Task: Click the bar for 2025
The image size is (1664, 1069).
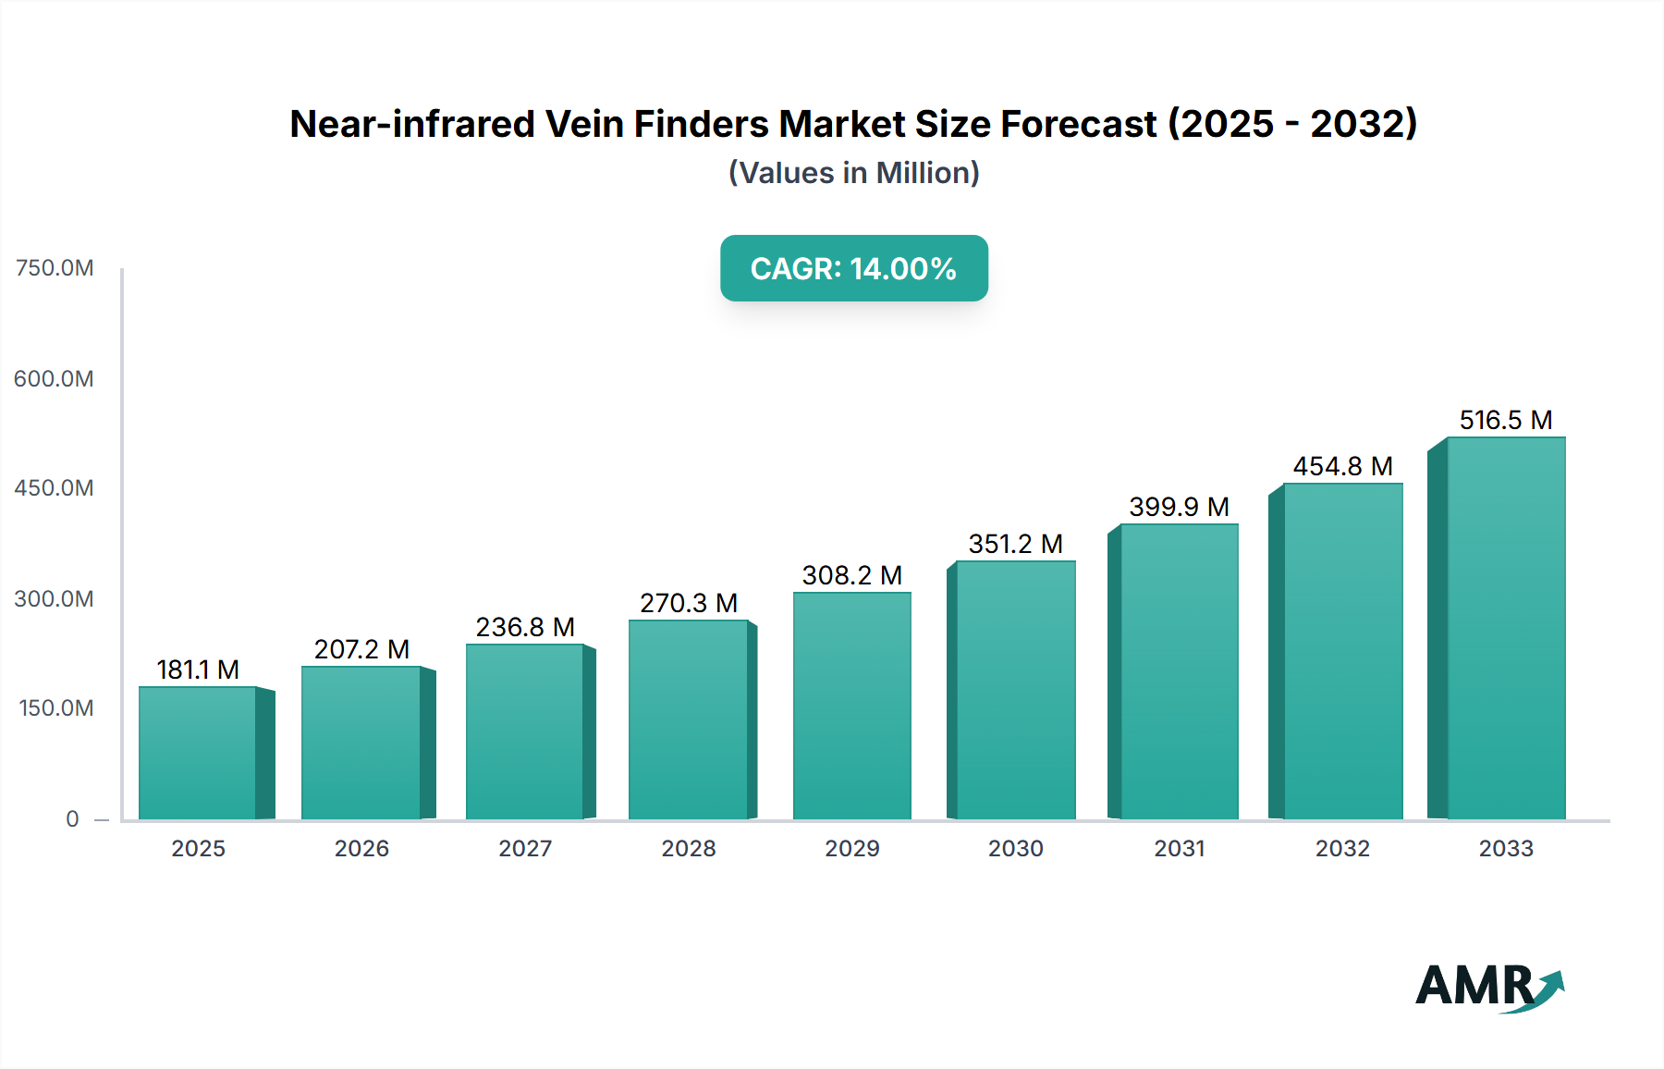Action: pos(198,753)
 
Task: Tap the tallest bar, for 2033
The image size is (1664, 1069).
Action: pos(1506,628)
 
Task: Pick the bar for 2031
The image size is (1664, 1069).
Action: pos(1179,671)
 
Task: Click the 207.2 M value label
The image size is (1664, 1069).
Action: pos(361,649)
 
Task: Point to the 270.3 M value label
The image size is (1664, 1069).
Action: pos(689,603)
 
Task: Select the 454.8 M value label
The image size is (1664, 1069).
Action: pos(1342,466)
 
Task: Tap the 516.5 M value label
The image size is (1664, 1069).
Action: pos(1506,420)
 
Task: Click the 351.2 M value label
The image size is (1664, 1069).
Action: pos(1015,544)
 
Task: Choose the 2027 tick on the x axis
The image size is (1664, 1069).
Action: pos(525,849)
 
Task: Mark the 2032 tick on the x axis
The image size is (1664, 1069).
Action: pos(1342,849)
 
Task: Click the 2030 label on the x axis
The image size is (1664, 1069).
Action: pos(1015,849)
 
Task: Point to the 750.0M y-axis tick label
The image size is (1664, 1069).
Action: pos(55,268)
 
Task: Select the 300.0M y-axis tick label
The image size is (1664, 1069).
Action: pos(55,599)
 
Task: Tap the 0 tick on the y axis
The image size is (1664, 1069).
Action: pos(72,819)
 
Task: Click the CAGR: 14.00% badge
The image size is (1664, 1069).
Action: pos(853,268)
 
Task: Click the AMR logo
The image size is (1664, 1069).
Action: pos(1488,986)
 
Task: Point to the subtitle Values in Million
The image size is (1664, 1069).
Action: pos(853,173)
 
